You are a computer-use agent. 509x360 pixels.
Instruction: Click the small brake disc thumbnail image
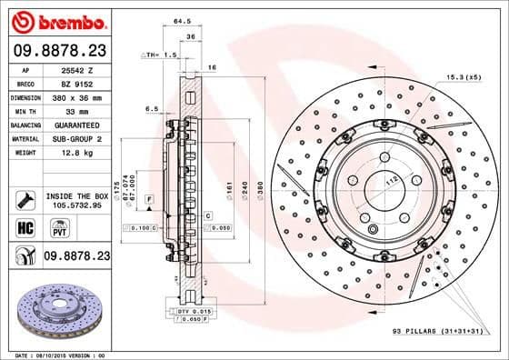tap(56, 310)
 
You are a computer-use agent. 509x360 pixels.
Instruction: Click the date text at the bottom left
tap(57, 354)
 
